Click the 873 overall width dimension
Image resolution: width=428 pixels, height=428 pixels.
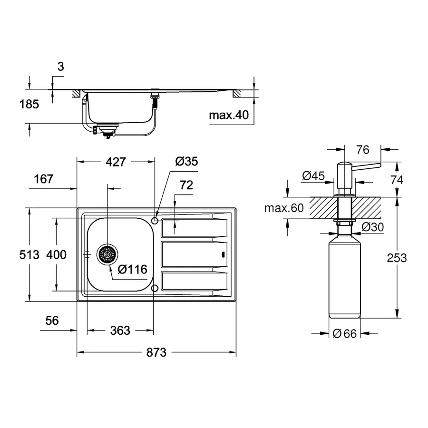[156, 352]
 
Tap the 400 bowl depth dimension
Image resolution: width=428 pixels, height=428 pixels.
[56, 255]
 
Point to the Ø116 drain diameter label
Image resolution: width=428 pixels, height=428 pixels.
[132, 269]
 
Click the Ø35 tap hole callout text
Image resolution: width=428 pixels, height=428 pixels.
[186, 162]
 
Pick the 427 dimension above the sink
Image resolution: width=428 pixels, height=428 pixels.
[116, 162]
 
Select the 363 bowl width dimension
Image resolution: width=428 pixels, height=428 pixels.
[120, 330]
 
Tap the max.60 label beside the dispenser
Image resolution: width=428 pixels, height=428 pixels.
[284, 208]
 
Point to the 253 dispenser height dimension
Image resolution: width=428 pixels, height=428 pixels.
[397, 258]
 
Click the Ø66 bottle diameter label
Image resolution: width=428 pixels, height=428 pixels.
[344, 334]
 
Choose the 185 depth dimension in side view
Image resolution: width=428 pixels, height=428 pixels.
[29, 104]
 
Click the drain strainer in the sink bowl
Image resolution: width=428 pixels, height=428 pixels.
[107, 255]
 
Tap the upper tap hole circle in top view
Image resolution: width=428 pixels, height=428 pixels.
[155, 220]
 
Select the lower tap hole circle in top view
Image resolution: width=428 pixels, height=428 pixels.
[155, 288]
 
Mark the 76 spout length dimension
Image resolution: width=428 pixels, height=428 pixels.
[362, 150]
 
